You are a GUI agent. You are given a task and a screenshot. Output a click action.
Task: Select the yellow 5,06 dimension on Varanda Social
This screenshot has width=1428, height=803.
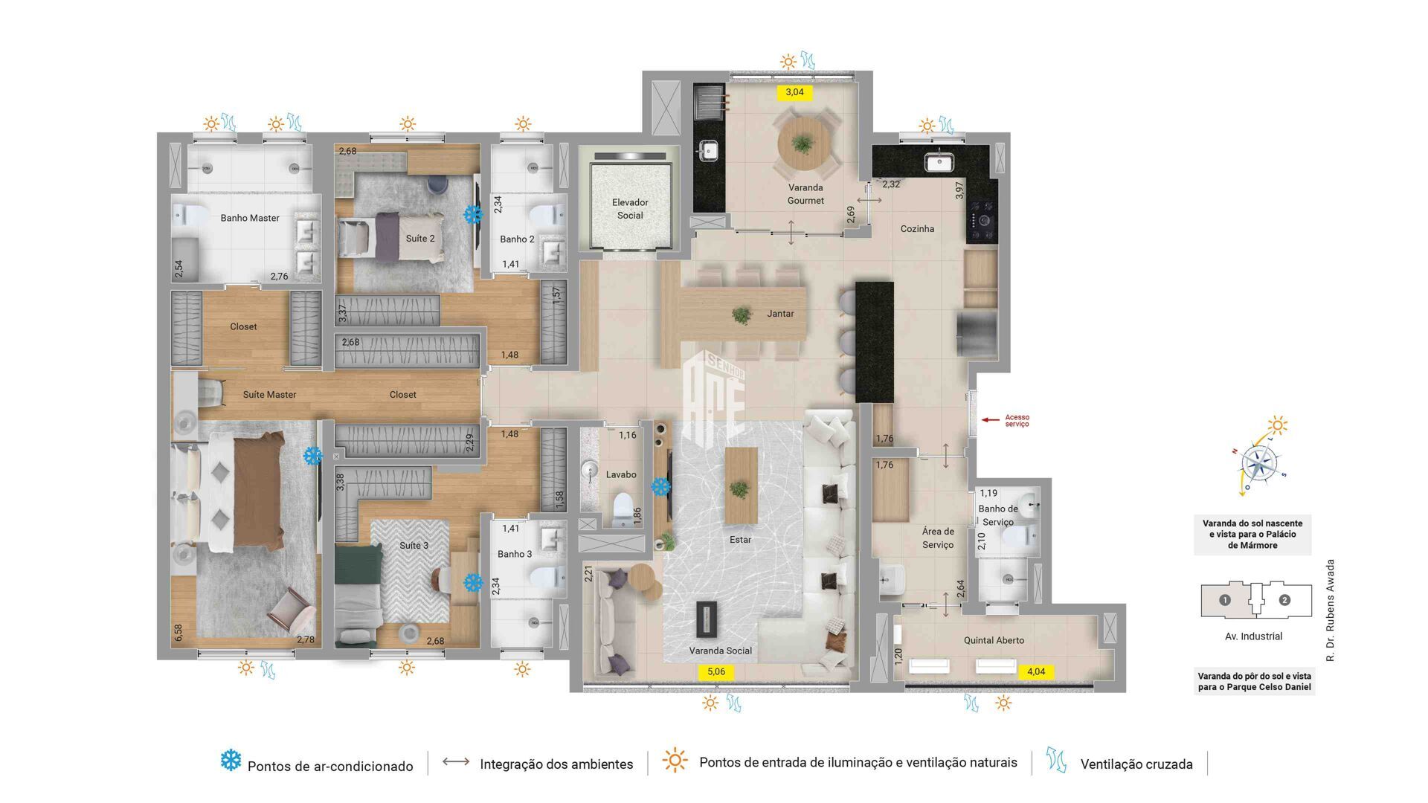pos(715,672)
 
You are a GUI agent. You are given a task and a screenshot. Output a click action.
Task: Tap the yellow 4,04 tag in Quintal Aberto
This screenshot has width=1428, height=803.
pos(1035,671)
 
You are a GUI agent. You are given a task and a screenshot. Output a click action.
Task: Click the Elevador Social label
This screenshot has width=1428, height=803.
pos(630,209)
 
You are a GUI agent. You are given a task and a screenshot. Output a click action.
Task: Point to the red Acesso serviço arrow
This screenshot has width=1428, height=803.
pos(991,420)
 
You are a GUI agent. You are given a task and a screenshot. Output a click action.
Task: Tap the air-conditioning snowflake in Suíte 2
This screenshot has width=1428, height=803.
pos(472,215)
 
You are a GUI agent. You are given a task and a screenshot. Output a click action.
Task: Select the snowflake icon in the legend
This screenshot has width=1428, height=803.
pos(231,761)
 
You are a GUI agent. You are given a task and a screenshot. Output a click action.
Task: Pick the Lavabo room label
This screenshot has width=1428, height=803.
pos(620,474)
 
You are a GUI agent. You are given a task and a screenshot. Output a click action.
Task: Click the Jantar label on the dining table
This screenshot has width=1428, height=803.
pos(780,314)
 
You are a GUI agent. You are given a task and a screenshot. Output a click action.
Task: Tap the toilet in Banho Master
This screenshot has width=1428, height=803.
pos(192,216)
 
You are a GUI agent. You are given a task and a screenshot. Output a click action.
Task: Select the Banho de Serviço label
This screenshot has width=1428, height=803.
pos(998,515)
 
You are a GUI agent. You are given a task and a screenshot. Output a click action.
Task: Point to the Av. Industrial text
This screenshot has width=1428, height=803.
pos(1253,636)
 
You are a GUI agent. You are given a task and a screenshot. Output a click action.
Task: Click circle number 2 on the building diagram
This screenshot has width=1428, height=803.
pos(1284,600)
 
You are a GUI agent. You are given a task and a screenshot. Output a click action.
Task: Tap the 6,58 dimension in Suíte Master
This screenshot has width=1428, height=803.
pos(178,633)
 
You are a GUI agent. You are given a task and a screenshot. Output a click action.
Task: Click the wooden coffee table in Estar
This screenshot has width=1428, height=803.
pos(741,485)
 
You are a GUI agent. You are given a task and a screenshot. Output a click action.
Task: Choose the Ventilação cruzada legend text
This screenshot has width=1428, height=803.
pos(1136,764)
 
